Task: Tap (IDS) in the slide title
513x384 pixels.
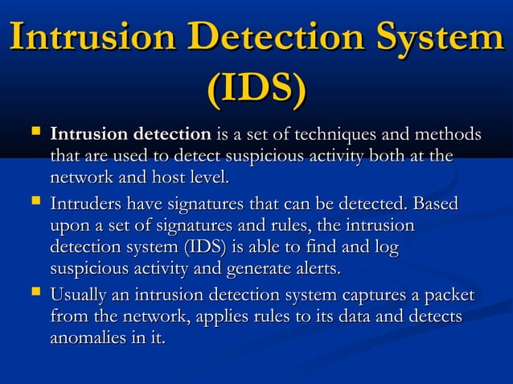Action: tap(256, 91)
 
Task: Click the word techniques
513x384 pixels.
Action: tap(340, 133)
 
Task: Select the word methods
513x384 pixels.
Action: tap(451, 133)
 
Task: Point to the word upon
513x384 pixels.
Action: tap(68, 227)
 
